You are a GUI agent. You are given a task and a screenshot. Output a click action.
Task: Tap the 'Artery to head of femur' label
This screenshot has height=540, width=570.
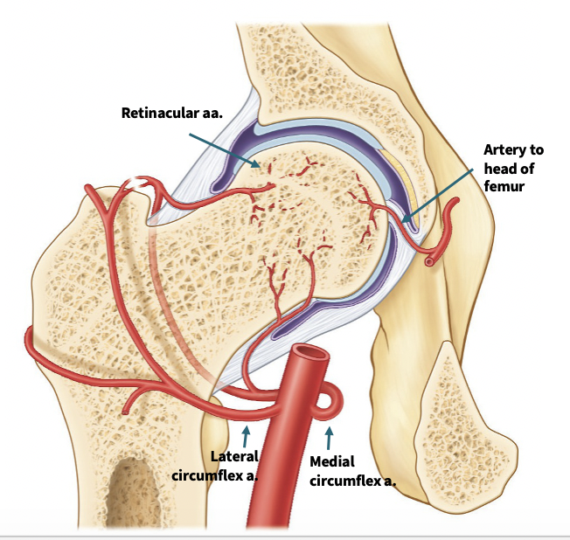tap(513, 169)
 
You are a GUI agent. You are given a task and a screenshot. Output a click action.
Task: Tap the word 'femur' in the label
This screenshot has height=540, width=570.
tap(507, 186)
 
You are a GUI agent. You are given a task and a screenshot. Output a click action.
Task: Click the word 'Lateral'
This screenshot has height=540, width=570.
tap(234, 455)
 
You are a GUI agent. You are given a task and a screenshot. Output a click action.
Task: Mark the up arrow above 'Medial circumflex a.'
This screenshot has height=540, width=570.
tap(329, 433)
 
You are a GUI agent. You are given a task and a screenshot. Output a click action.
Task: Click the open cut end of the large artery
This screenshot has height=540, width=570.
tap(310, 359)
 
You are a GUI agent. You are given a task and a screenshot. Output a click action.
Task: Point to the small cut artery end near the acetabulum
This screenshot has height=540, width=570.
tap(428, 260)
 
